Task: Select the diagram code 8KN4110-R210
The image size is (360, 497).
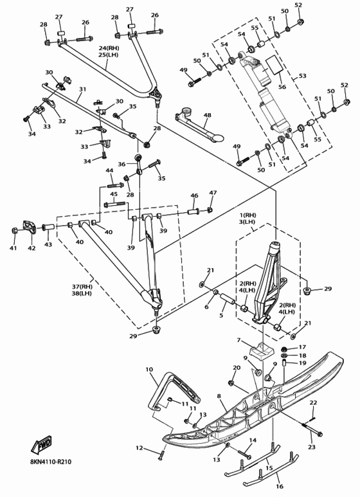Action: [49, 461]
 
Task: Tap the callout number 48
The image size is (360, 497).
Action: [207, 115]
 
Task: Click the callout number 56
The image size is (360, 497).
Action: [282, 87]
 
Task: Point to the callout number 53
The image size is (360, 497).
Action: [302, 76]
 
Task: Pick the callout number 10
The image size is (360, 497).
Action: [149, 369]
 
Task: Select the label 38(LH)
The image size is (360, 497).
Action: [82, 293]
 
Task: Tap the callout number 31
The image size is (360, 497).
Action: [82, 90]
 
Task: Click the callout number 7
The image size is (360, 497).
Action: [239, 341]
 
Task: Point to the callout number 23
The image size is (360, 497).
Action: [312, 447]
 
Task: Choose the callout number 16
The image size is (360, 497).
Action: [280, 486]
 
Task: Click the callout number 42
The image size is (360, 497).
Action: [32, 248]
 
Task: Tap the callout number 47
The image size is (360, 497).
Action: [213, 193]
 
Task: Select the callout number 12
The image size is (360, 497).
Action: [139, 448]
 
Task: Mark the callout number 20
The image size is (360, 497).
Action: [237, 368]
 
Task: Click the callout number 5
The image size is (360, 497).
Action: [221, 315]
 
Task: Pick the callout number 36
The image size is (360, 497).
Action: [122, 164]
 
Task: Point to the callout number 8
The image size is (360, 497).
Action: [219, 396]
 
